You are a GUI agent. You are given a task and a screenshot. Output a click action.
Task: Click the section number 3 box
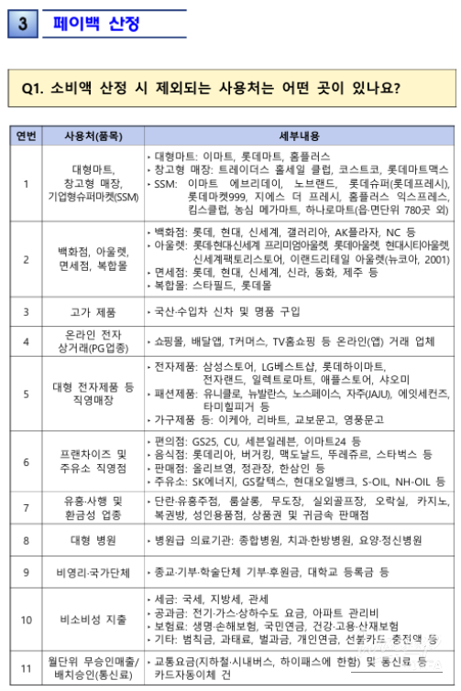(x=20, y=24)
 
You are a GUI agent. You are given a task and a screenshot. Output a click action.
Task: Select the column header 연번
(x=27, y=136)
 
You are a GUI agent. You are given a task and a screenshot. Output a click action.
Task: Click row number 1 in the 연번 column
(x=27, y=183)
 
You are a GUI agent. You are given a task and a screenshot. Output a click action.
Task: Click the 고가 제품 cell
(x=93, y=311)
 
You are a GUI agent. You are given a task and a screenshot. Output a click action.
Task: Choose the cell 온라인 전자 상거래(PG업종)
(x=93, y=341)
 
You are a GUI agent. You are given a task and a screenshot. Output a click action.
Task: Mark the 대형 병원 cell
(x=93, y=540)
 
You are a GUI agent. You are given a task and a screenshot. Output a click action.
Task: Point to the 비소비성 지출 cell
(x=93, y=619)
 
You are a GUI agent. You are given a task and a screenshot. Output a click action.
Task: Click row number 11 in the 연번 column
(x=27, y=667)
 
